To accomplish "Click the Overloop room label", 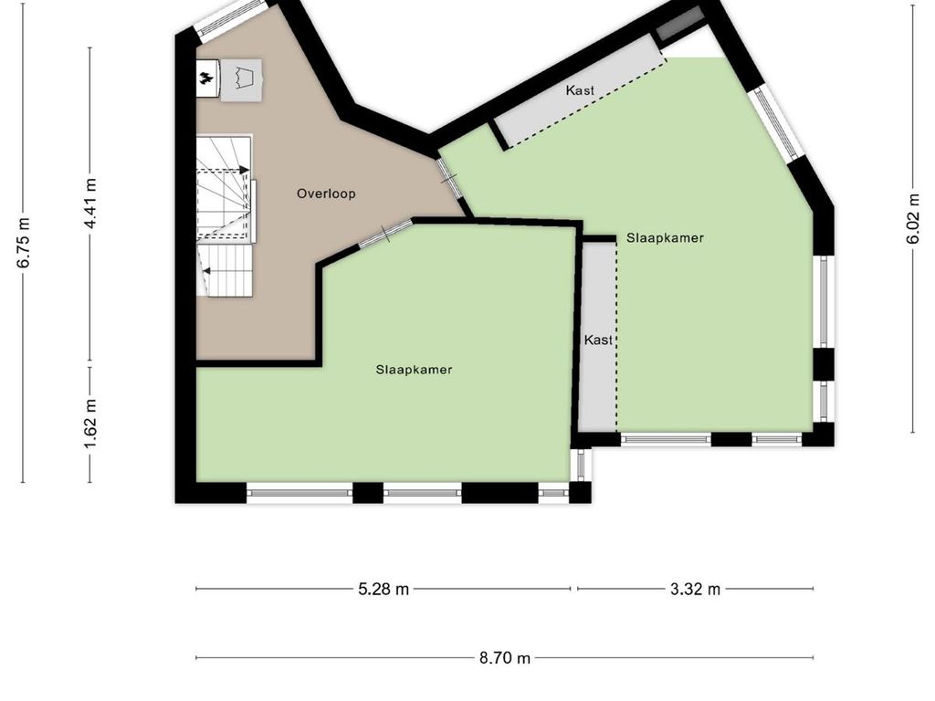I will [326, 194].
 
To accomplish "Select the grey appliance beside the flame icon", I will [242, 77].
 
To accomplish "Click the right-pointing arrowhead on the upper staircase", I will [243, 170].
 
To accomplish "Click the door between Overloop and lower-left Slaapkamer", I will [384, 235].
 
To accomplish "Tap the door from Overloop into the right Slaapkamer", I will [448, 176].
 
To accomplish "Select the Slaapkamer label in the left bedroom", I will [414, 370].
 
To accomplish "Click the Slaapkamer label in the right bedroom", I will [665, 237].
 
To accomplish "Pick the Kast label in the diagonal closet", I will [580, 90].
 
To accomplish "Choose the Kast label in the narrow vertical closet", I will [598, 340].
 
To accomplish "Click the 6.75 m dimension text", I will [24, 243].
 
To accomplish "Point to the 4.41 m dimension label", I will [90, 205].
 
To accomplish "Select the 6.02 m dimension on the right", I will [912, 219].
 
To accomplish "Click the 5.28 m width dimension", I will [383, 589].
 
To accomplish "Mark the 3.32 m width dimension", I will [695, 589].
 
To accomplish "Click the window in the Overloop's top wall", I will [231, 19].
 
